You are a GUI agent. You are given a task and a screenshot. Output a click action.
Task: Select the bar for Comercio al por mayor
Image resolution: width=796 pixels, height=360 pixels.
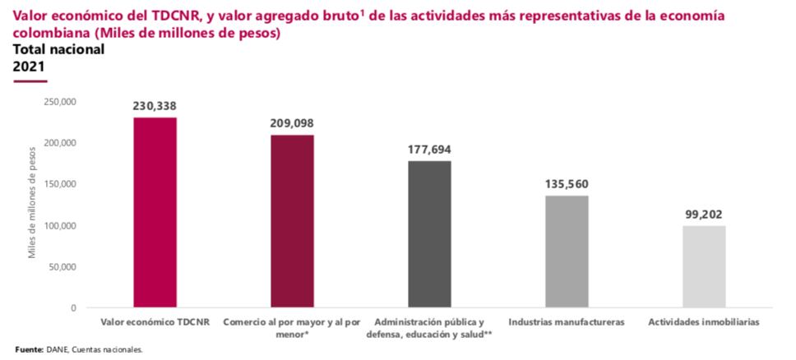[292, 221]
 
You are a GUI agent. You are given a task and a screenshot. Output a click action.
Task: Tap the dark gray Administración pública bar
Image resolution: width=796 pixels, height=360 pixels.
[429, 234]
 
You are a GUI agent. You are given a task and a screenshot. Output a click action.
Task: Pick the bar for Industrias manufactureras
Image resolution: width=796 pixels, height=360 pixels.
[567, 252]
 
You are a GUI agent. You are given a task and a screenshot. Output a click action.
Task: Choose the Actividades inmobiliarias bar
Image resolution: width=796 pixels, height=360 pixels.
[704, 266]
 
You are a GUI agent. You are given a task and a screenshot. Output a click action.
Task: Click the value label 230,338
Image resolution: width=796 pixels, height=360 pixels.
[155, 106]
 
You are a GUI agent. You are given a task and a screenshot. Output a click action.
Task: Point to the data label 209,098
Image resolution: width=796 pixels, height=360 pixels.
[292, 123]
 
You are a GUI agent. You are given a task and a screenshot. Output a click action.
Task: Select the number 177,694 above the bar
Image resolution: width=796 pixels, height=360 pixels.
[429, 150]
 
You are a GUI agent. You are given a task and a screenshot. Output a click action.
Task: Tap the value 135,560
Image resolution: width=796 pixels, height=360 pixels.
[567, 184]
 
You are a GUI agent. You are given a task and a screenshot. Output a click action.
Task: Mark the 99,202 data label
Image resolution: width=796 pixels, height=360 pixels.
[704, 215]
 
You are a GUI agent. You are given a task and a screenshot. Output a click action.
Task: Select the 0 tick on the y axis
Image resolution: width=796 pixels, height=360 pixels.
[73, 308]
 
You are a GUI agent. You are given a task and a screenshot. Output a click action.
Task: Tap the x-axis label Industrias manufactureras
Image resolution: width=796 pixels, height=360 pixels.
[567, 321]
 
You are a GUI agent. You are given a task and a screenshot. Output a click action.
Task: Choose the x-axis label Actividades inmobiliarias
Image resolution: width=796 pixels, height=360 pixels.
[704, 321]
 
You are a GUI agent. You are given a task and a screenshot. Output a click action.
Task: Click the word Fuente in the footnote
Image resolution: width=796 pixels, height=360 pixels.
[30, 349]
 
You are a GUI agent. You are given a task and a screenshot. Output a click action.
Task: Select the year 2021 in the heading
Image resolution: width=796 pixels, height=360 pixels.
[28, 66]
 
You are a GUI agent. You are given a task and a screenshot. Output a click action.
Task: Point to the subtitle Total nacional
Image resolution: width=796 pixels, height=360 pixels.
[58, 50]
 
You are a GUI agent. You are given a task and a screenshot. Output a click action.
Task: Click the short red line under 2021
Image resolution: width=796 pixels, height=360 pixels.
[30, 81]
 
